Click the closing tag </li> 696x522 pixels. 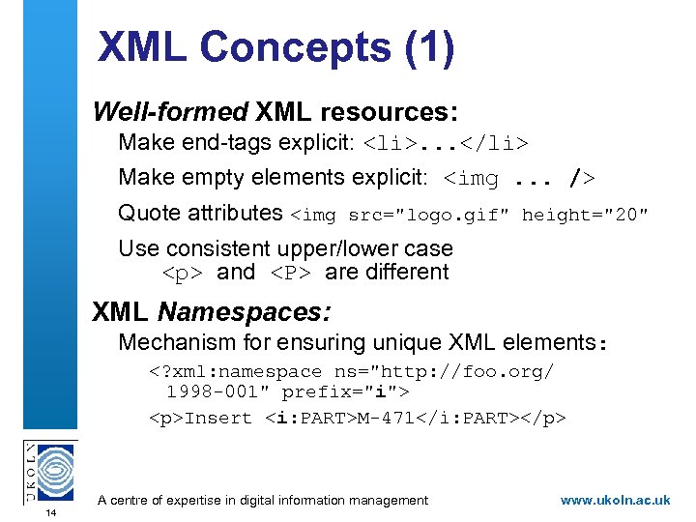[493, 145]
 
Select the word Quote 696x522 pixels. [148, 213]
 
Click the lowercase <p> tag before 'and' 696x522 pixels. [184, 274]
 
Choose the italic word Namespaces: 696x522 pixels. [245, 312]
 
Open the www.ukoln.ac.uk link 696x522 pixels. [615, 500]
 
